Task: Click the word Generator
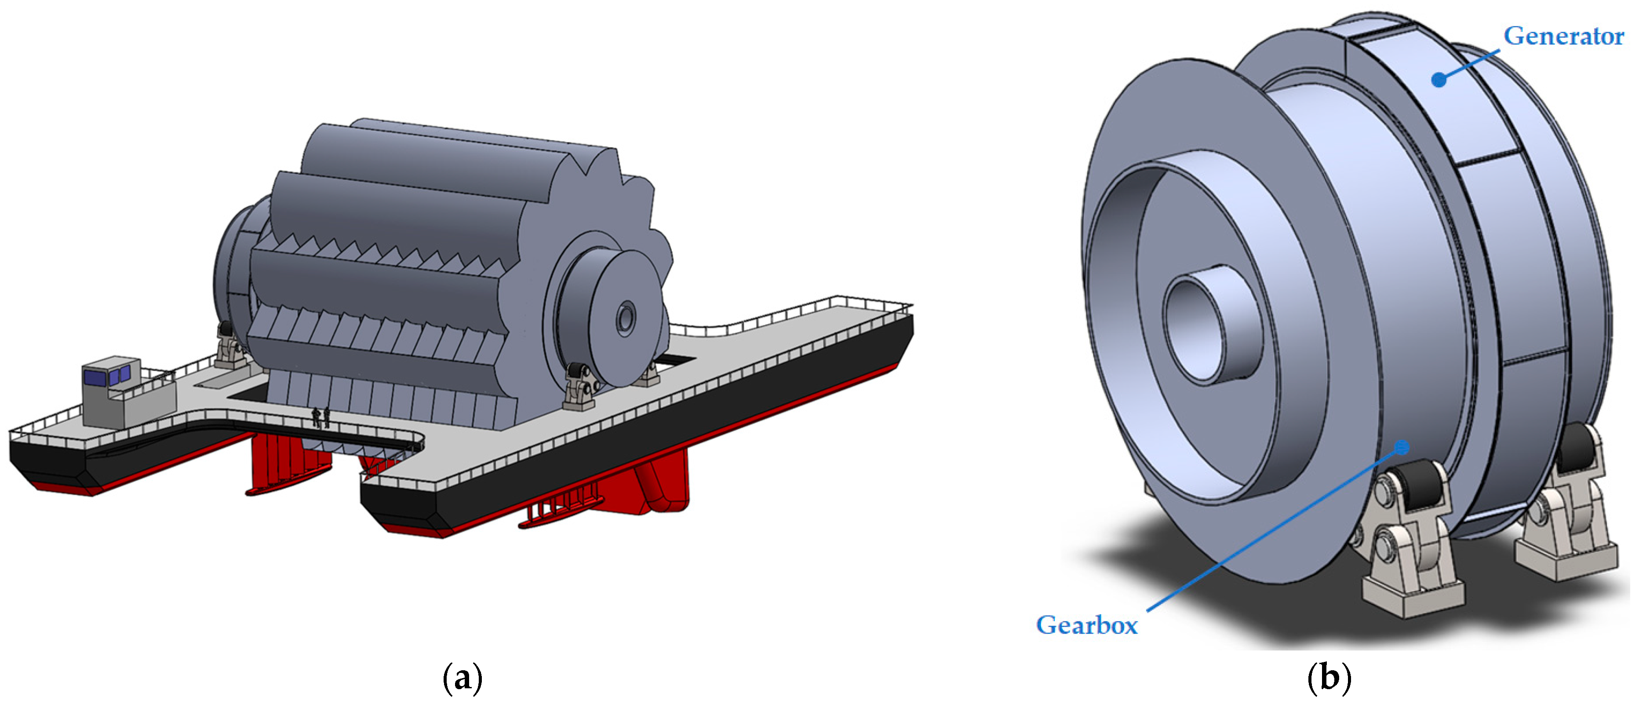tap(1564, 36)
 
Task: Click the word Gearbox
tap(1087, 625)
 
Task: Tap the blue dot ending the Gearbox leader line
tap(1401, 448)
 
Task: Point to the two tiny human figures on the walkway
tap(321, 417)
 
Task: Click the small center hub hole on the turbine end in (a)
tap(626, 318)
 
